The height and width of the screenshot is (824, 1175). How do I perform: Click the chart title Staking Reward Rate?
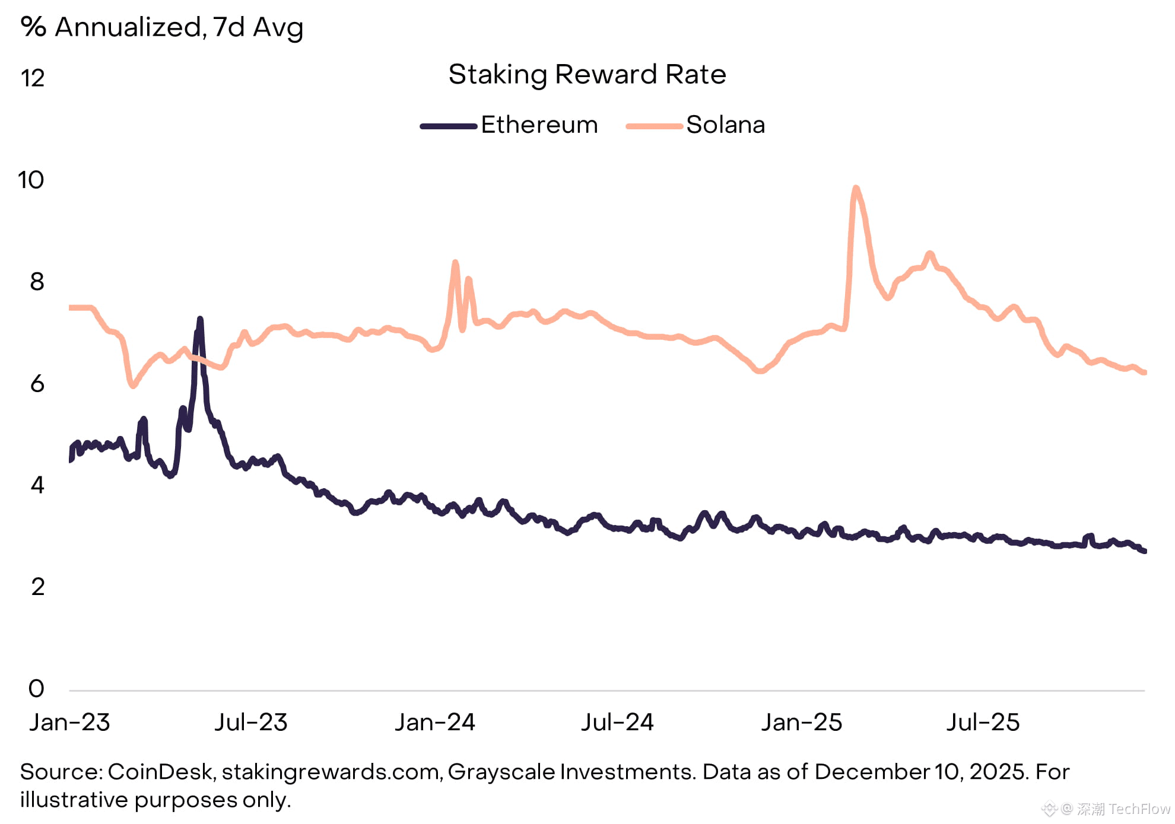pyautogui.click(x=587, y=75)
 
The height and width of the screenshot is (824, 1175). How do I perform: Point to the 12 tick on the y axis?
pyautogui.click(x=33, y=78)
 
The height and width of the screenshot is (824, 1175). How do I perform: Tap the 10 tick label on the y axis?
pyautogui.click(x=31, y=180)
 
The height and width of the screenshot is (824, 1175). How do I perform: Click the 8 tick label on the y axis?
pyautogui.click(x=37, y=282)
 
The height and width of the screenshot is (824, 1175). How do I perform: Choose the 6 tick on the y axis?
pyautogui.click(x=37, y=384)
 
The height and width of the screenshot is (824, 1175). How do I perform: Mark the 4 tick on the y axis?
pyautogui.click(x=37, y=485)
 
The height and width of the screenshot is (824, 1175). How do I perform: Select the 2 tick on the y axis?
pyautogui.click(x=37, y=587)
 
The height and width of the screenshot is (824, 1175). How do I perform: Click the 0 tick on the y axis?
pyautogui.click(x=36, y=688)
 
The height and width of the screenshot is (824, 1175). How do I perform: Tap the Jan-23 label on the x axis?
pyautogui.click(x=69, y=722)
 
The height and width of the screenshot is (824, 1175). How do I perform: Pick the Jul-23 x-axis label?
pyautogui.click(x=250, y=722)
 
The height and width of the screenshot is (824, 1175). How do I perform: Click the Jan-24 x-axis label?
pyautogui.click(x=435, y=722)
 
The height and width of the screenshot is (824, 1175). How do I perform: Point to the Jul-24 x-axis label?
pyautogui.click(x=617, y=722)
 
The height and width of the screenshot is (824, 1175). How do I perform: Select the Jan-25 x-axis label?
pyautogui.click(x=802, y=722)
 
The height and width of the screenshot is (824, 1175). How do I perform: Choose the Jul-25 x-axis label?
pyautogui.click(x=983, y=722)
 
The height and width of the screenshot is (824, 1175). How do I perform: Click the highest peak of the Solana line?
pyautogui.click(x=855, y=189)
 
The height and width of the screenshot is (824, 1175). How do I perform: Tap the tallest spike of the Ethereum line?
pyautogui.click(x=200, y=320)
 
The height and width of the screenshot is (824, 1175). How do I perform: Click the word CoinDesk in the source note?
pyautogui.click(x=160, y=772)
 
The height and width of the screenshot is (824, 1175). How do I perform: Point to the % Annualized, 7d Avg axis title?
pyautogui.click(x=161, y=27)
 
